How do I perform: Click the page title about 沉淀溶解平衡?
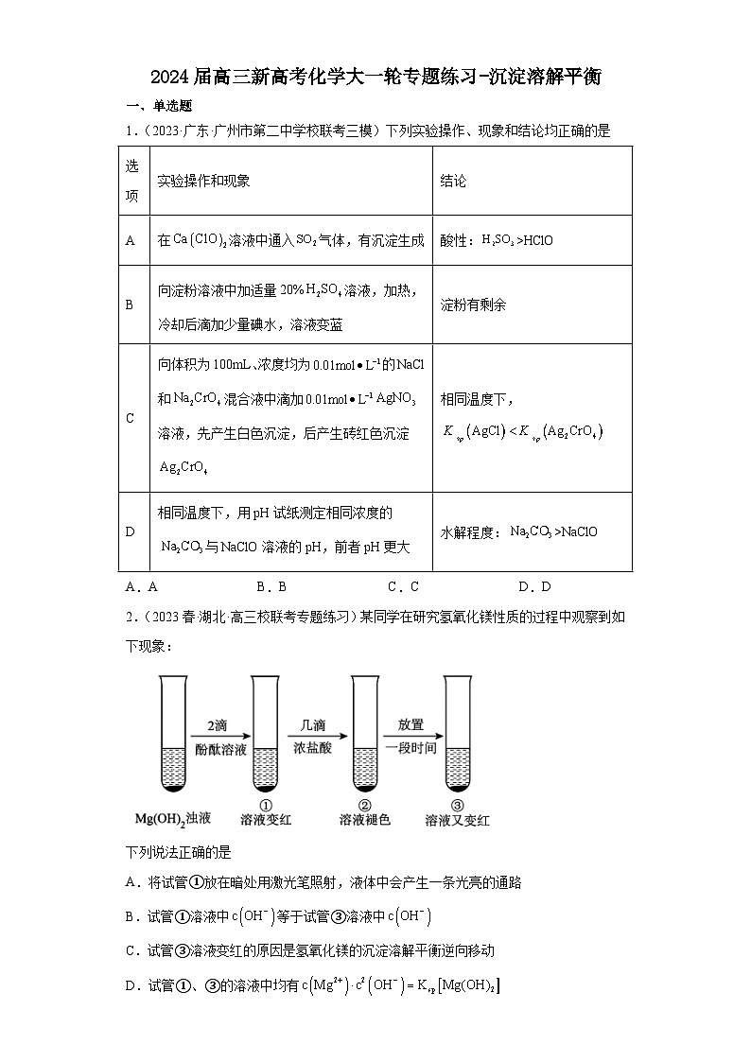pyautogui.click(x=375, y=78)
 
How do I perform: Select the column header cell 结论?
pyautogui.click(x=453, y=181)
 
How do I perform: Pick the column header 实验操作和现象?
pyautogui.click(x=203, y=181)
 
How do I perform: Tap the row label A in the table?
pyautogui.click(x=131, y=240)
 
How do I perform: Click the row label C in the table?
pyautogui.click(x=131, y=417)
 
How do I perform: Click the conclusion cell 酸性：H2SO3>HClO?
pyautogui.click(x=497, y=240)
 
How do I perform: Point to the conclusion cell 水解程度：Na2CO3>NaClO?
pyautogui.click(x=519, y=531)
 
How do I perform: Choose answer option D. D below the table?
pyautogui.click(x=534, y=586)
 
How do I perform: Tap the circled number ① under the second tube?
pyautogui.click(x=266, y=804)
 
